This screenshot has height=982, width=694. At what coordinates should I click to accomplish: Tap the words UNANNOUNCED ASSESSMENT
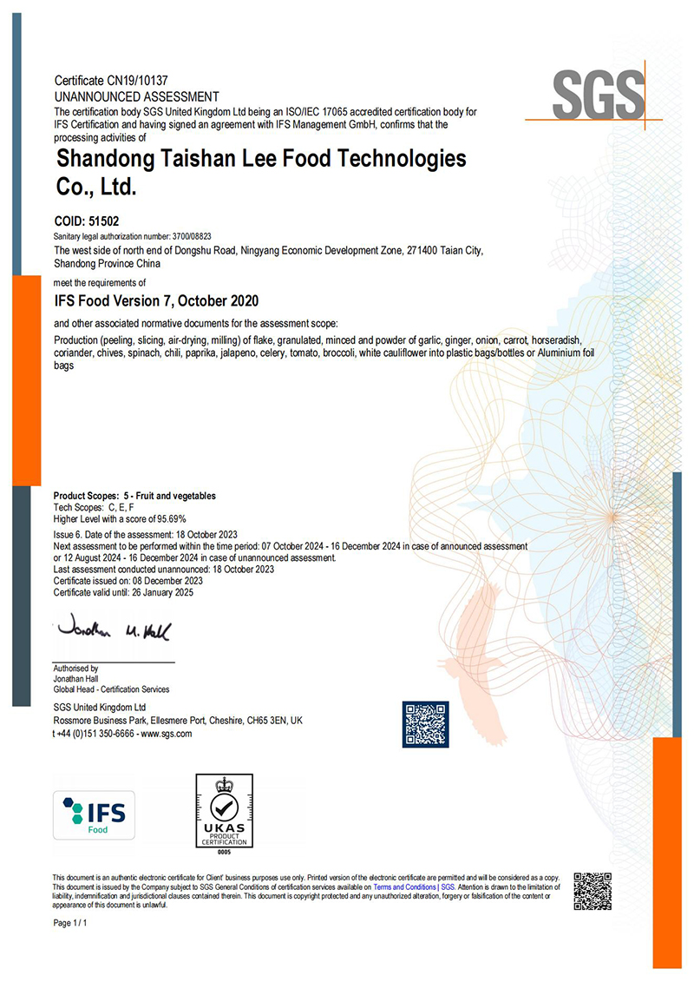tap(136, 96)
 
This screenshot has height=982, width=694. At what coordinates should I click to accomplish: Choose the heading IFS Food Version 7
tap(156, 301)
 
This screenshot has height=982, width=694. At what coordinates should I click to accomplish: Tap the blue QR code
tap(426, 724)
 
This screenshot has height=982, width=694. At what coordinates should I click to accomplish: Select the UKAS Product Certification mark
tap(224, 811)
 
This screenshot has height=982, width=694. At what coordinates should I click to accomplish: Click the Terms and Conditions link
tap(404, 888)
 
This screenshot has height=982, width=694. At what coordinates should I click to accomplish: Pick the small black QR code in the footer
tap(593, 891)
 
